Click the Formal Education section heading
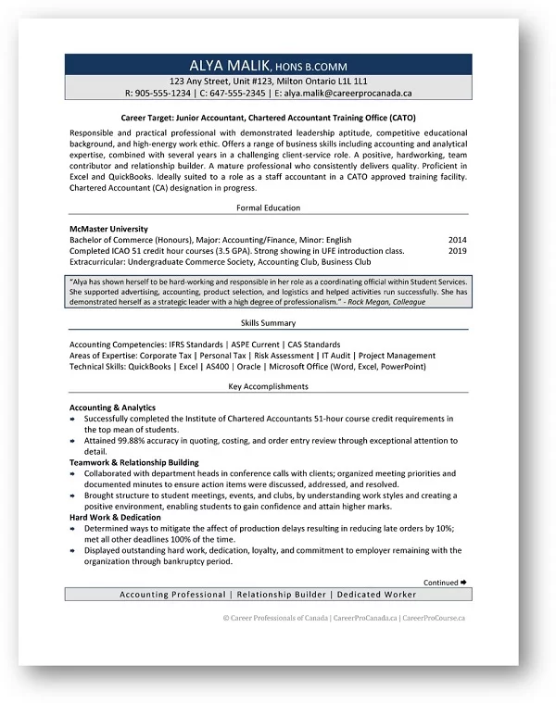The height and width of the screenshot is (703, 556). [268, 207]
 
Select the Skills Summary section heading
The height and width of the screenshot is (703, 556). [268, 323]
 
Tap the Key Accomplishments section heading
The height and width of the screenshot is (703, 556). [268, 386]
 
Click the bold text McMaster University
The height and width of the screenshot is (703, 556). [108, 228]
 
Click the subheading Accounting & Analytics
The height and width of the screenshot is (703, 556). [112, 408]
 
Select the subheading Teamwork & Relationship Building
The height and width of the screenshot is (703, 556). [133, 461]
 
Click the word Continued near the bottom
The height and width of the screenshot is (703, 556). [440, 583]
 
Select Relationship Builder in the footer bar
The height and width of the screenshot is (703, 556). [282, 594]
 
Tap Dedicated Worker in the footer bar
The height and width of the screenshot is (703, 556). [376, 594]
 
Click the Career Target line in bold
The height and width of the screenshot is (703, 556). [268, 119]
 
